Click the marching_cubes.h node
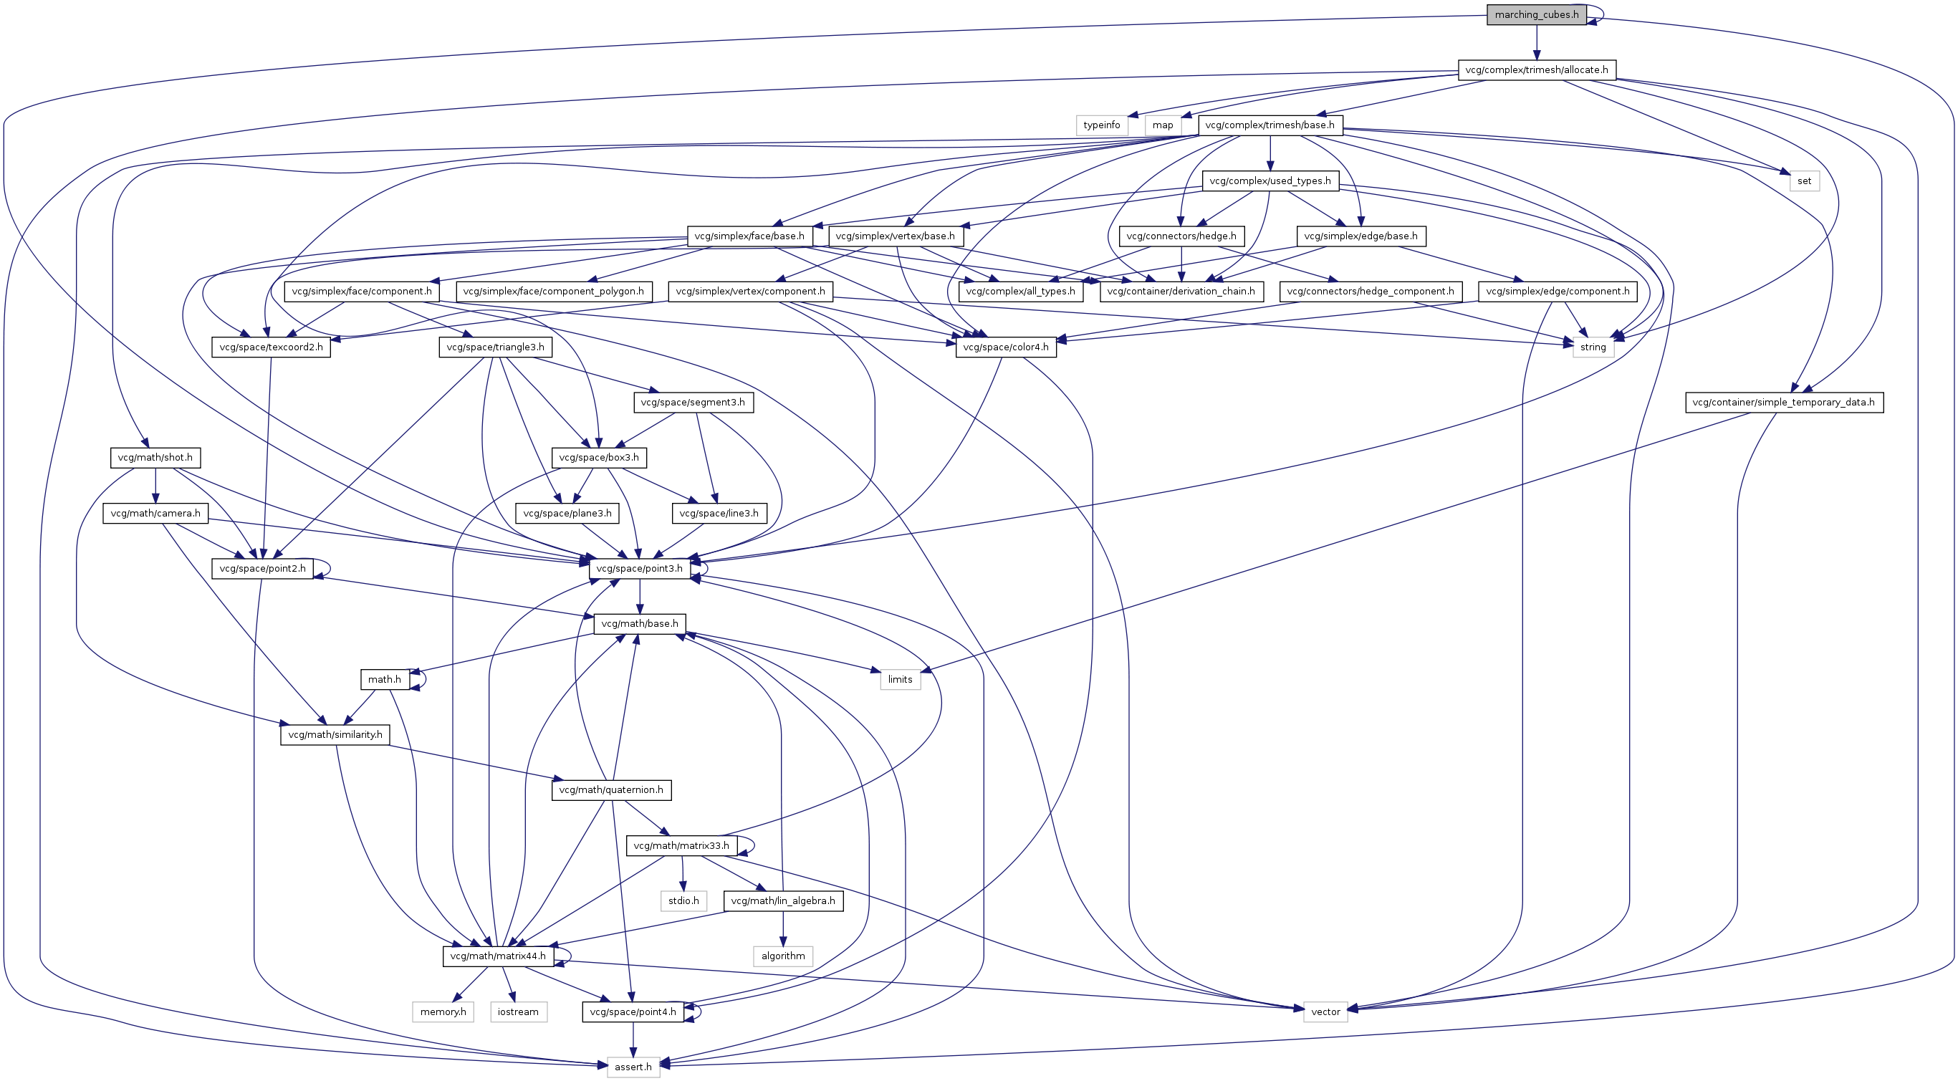point(1536,14)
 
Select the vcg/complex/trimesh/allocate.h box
point(1536,70)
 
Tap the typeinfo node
point(1101,125)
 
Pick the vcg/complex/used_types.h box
point(1270,181)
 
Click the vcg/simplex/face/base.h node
point(749,236)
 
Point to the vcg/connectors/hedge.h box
point(1181,236)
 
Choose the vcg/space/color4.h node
point(1005,347)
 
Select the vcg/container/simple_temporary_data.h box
point(1783,403)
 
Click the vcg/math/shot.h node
point(155,458)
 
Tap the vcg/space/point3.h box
point(639,569)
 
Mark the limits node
point(900,680)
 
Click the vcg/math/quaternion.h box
point(610,790)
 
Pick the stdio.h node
point(683,901)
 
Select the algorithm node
point(783,956)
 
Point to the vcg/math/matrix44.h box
point(498,956)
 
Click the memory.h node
point(443,1012)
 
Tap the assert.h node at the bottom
point(633,1067)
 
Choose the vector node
point(1325,1012)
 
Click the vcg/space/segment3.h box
point(693,403)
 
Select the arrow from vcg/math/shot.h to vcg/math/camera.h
point(155,486)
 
